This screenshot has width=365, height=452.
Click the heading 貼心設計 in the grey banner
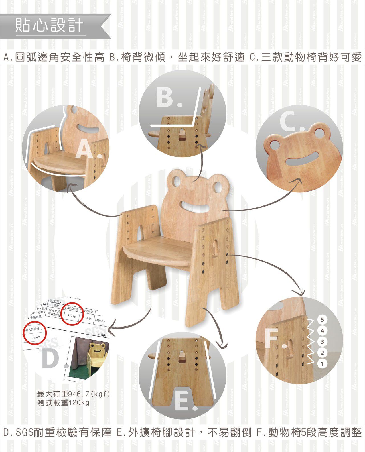point(49,25)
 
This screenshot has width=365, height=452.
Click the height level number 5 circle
point(322,320)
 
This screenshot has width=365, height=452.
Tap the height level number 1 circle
point(322,364)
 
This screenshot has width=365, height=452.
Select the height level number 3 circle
point(322,341)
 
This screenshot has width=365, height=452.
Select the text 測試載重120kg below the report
point(63,403)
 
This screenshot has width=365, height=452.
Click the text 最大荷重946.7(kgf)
point(73,394)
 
